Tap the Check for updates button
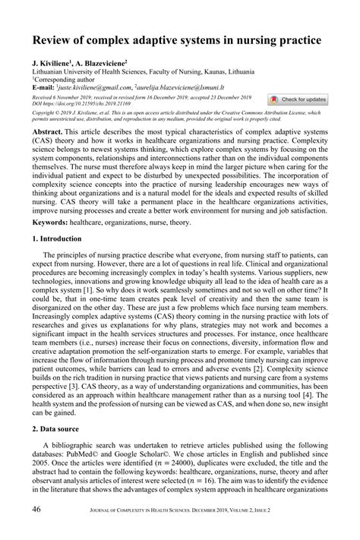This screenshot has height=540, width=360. pos(298,99)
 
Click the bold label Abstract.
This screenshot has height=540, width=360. pos(49,131)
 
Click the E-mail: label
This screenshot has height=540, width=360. pos(43,87)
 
